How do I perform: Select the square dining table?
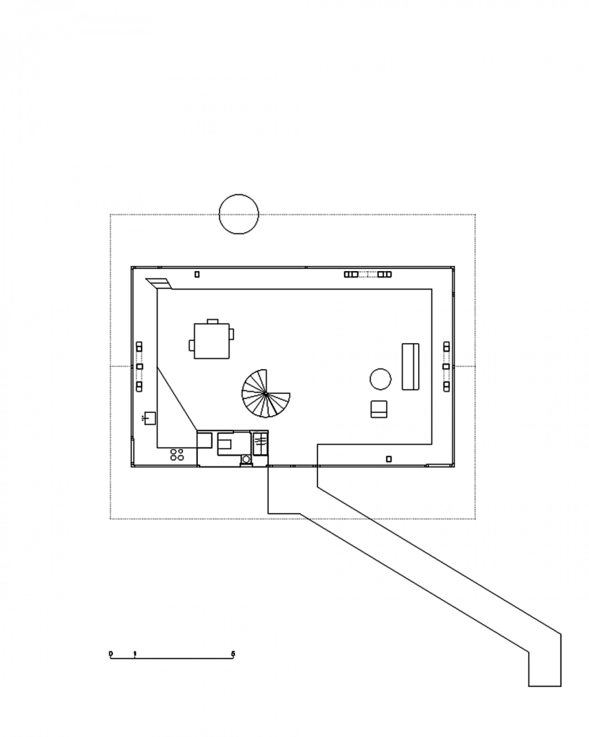[x=211, y=341]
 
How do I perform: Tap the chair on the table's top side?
[x=212, y=321]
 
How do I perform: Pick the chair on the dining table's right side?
[x=231, y=334]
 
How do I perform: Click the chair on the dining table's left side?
[x=192, y=345]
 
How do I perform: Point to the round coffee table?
[x=380, y=379]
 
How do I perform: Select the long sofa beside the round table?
[x=410, y=366]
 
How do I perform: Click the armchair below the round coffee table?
[x=379, y=409]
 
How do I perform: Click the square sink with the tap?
[x=150, y=418]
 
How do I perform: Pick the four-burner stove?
[x=177, y=455]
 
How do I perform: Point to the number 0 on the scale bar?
[x=110, y=654]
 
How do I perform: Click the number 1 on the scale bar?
[x=135, y=654]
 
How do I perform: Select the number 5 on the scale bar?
[x=233, y=654]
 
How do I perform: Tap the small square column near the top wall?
[x=197, y=274]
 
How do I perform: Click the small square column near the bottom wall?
[x=388, y=459]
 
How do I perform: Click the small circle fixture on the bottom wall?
[x=246, y=458]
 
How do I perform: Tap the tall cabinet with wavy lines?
[x=260, y=443]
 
